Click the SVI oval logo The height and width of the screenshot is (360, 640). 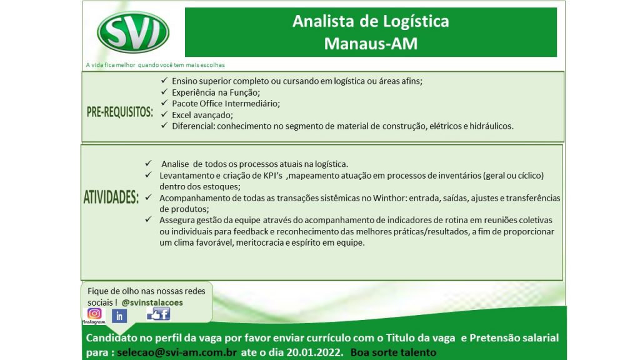pyautogui.click(x=133, y=32)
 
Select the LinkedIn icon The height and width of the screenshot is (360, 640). pyautogui.click(x=119, y=316)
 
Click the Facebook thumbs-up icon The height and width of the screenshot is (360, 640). pyautogui.click(x=158, y=314)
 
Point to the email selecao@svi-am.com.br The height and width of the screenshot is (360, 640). pyautogui.click(x=177, y=352)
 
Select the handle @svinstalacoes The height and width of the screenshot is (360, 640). pyautogui.click(x=152, y=302)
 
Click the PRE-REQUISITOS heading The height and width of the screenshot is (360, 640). pyautogui.click(x=119, y=112)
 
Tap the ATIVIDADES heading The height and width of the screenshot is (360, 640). pyautogui.click(x=111, y=197)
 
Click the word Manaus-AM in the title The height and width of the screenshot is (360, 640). pyautogui.click(x=371, y=43)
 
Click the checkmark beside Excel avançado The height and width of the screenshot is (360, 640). pyautogui.click(x=164, y=114)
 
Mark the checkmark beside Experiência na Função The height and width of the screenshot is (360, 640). pyautogui.click(x=164, y=92)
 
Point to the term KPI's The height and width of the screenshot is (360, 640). pyautogui.click(x=273, y=176)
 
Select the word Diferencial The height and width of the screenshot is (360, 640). pyautogui.click(x=194, y=126)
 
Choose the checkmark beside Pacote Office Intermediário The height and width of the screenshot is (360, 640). pyautogui.click(x=164, y=103)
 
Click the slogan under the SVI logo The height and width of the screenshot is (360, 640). pyautogui.click(x=155, y=65)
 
